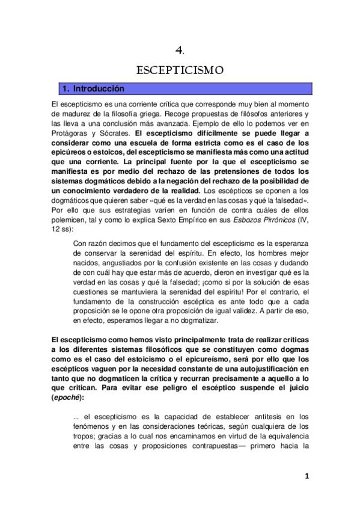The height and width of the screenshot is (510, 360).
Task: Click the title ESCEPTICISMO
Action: click(180, 70)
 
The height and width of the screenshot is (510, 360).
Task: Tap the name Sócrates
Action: click(114, 132)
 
